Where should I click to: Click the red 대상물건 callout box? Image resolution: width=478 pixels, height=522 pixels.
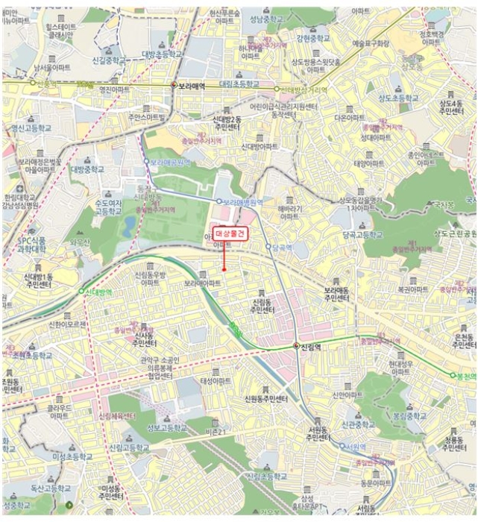pyautogui.click(x=230, y=233)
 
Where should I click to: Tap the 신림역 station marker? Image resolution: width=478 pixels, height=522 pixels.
pyautogui.click(x=296, y=346)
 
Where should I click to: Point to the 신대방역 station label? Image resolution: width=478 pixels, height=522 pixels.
pyautogui.click(x=98, y=292)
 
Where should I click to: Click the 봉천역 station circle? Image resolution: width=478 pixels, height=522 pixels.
pyautogui.click(x=452, y=375)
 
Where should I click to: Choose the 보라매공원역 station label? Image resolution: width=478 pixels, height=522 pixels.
pyautogui.click(x=171, y=160)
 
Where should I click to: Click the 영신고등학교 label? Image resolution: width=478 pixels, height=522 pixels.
pyautogui.click(x=32, y=128)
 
